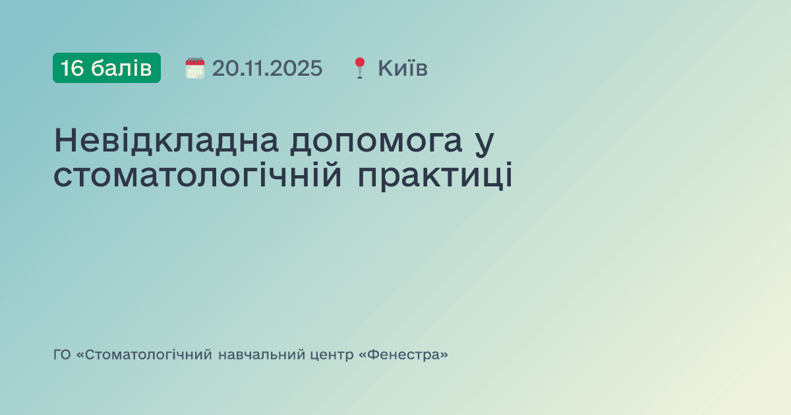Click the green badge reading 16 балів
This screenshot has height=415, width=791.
click(107, 68)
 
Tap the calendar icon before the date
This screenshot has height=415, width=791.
click(195, 68)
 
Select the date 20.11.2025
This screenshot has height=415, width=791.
click(268, 68)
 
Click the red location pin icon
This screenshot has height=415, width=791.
click(359, 68)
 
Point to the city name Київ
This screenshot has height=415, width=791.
click(403, 68)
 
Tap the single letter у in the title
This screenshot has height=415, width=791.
click(484, 143)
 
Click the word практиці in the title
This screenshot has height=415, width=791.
click(436, 177)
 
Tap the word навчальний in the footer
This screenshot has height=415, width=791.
click(260, 355)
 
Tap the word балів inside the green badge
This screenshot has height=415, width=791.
click(122, 68)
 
